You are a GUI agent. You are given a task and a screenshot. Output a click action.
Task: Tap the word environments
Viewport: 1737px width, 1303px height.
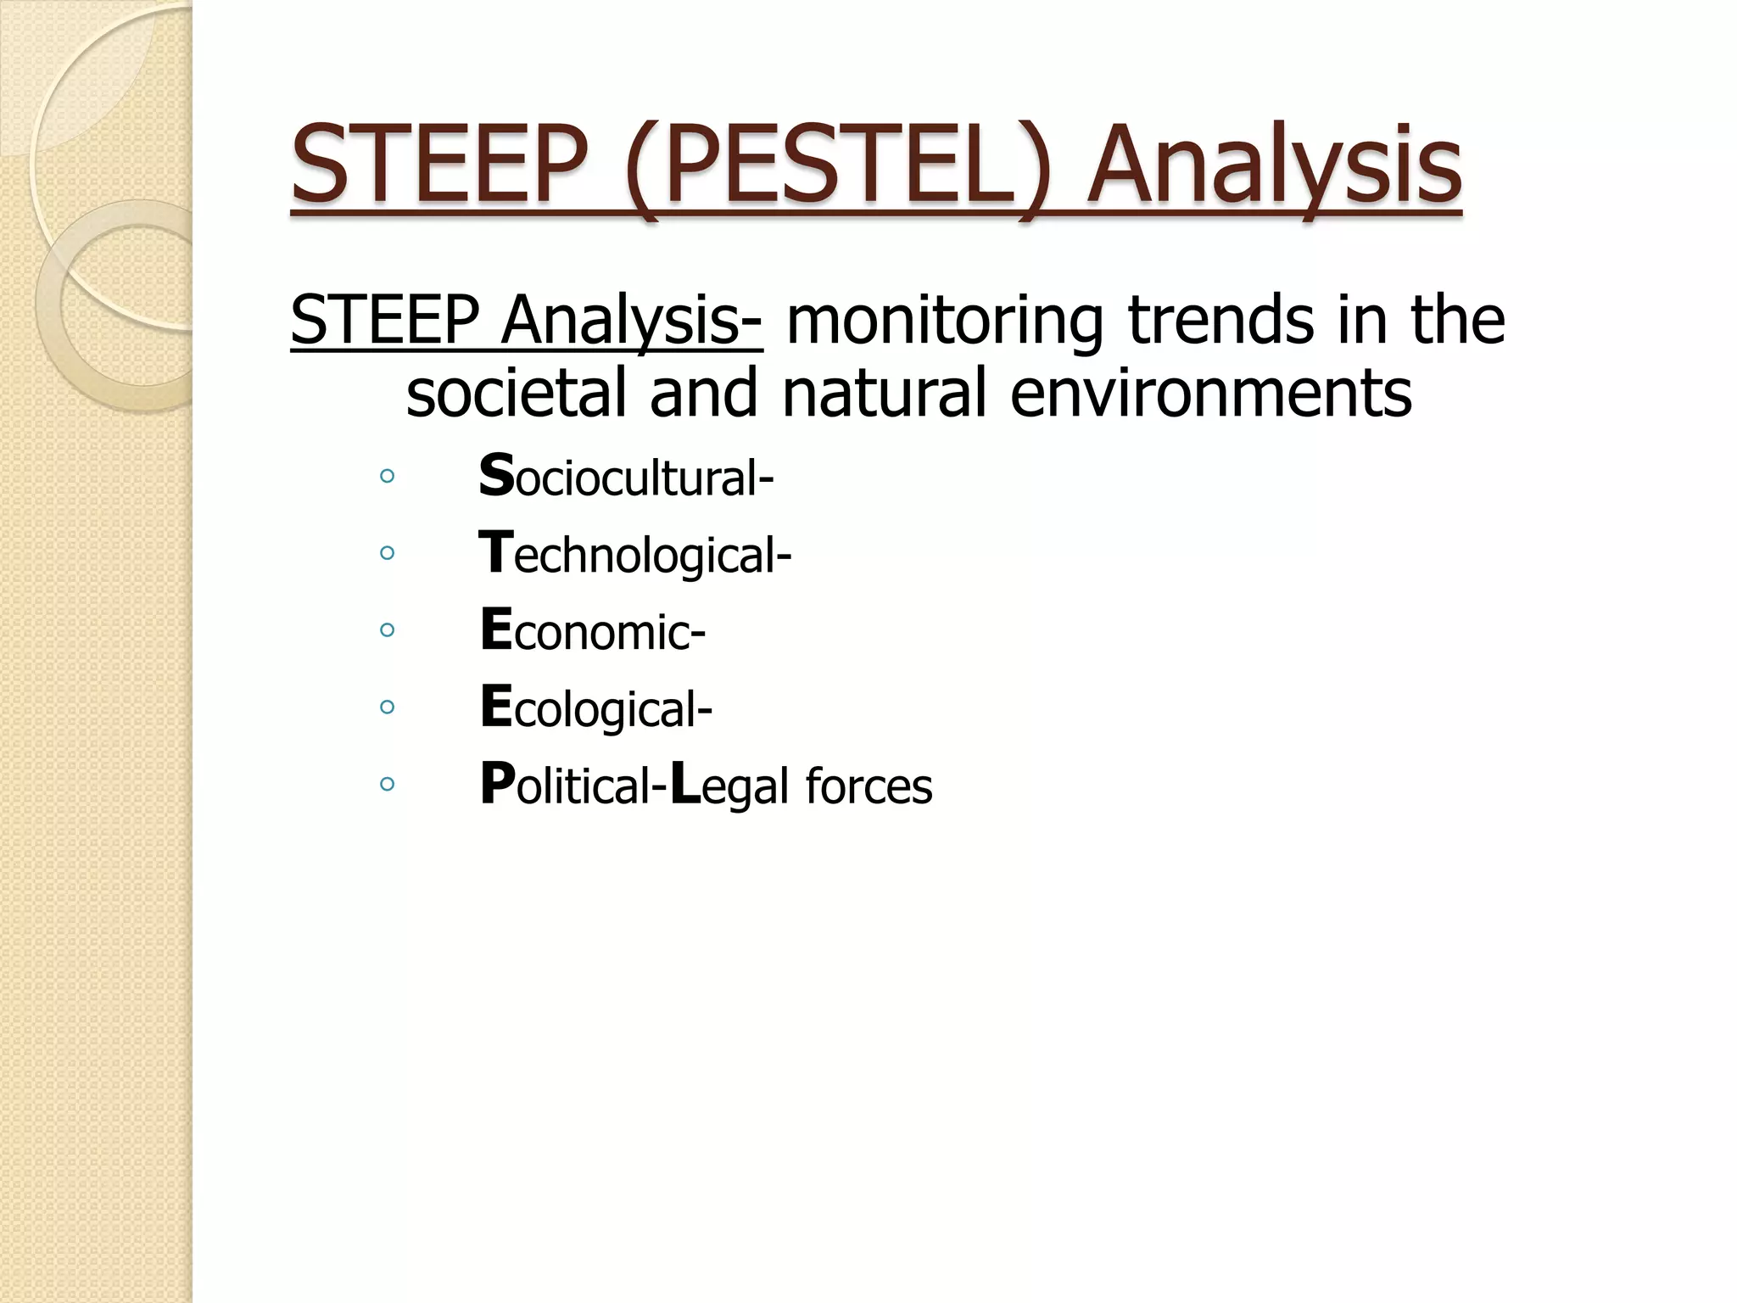1210,394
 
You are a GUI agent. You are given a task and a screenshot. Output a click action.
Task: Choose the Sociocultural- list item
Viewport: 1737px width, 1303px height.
626,477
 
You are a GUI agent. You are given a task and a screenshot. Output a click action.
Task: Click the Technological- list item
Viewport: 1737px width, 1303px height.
634,554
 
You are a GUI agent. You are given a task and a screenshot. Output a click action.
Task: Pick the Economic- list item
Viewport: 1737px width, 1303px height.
592,631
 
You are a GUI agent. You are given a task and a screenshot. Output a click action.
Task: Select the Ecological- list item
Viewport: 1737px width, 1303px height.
595,708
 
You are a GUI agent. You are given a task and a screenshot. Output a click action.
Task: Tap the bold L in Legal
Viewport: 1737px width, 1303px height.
685,784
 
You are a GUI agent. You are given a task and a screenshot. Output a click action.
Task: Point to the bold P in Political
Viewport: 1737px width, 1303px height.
497,784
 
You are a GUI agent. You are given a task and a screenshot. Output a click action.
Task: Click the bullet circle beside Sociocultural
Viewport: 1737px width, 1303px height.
388,477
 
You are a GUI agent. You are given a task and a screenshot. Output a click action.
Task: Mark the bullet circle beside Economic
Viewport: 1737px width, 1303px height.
388,630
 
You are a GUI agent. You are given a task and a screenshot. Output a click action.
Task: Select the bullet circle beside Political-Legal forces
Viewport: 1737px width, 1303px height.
388,784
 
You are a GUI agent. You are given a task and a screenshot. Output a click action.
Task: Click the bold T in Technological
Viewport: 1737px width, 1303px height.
495,552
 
